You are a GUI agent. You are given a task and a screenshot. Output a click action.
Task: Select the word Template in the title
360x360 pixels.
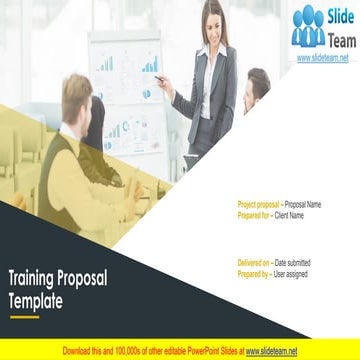click(37, 299)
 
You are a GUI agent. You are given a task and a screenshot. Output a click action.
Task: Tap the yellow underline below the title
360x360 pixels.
click(24, 316)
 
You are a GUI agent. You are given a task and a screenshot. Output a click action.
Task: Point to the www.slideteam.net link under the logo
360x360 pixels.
click(321, 58)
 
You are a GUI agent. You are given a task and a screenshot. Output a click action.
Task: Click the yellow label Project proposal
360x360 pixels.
click(259, 204)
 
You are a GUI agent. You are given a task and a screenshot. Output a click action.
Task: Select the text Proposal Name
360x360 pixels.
click(303, 204)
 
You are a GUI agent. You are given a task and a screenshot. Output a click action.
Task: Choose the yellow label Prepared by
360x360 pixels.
click(254, 272)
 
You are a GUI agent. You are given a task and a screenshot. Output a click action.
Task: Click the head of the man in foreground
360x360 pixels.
click(77, 97)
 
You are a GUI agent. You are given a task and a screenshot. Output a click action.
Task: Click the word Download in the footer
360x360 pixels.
click(79, 352)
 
